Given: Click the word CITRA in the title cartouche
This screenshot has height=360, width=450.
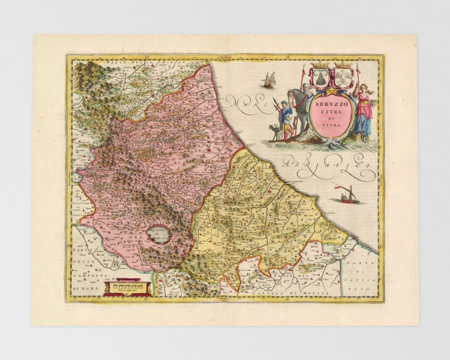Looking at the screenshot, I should pos(331,113).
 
